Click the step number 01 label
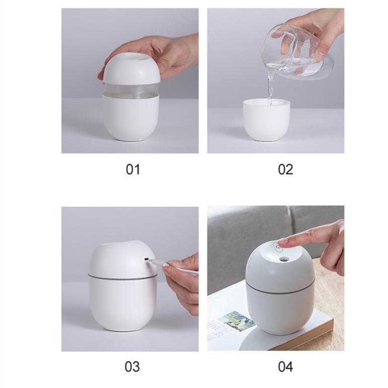(132, 170)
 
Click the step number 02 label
(285, 170)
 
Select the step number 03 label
(132, 366)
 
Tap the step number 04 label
(285, 366)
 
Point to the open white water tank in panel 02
(266, 121)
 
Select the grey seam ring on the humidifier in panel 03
(121, 276)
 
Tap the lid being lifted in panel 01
(131, 70)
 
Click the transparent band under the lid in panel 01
(131, 90)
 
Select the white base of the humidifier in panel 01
(131, 118)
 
